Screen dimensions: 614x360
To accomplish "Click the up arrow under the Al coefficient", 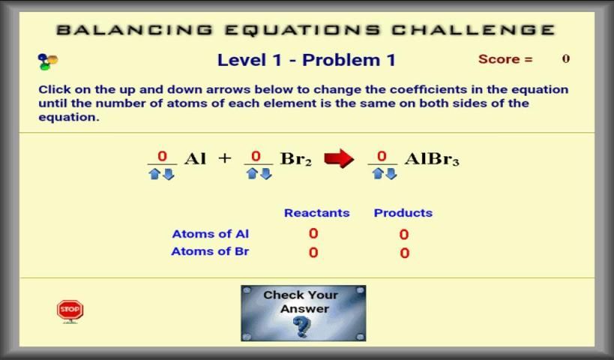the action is click(x=154, y=174).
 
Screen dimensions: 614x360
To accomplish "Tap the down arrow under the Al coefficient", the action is click(x=169, y=174).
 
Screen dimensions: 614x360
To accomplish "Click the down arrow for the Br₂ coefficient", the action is click(x=266, y=173).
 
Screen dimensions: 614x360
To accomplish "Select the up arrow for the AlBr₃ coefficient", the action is click(x=378, y=173).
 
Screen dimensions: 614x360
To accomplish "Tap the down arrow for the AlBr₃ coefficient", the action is click(x=391, y=173).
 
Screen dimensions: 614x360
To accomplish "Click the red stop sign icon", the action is click(x=70, y=311).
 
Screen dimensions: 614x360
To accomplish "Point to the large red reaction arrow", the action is click(x=339, y=159).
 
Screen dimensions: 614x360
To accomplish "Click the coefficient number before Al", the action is click(x=162, y=156).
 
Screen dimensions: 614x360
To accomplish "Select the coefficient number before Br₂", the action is click(x=256, y=156).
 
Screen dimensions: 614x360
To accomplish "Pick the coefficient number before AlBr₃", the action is click(x=382, y=156).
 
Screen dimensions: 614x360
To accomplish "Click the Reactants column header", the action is click(x=317, y=213).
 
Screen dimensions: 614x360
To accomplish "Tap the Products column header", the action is click(x=403, y=213).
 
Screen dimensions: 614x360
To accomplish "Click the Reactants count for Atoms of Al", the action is click(x=313, y=233).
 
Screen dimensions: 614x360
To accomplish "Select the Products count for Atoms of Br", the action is click(x=405, y=253).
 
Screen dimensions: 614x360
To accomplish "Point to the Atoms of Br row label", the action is click(x=210, y=251).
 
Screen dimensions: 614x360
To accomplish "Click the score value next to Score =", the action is click(x=566, y=58).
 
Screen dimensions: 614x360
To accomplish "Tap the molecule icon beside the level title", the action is click(x=48, y=61).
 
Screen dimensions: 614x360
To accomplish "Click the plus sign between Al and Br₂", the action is click(x=225, y=157).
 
